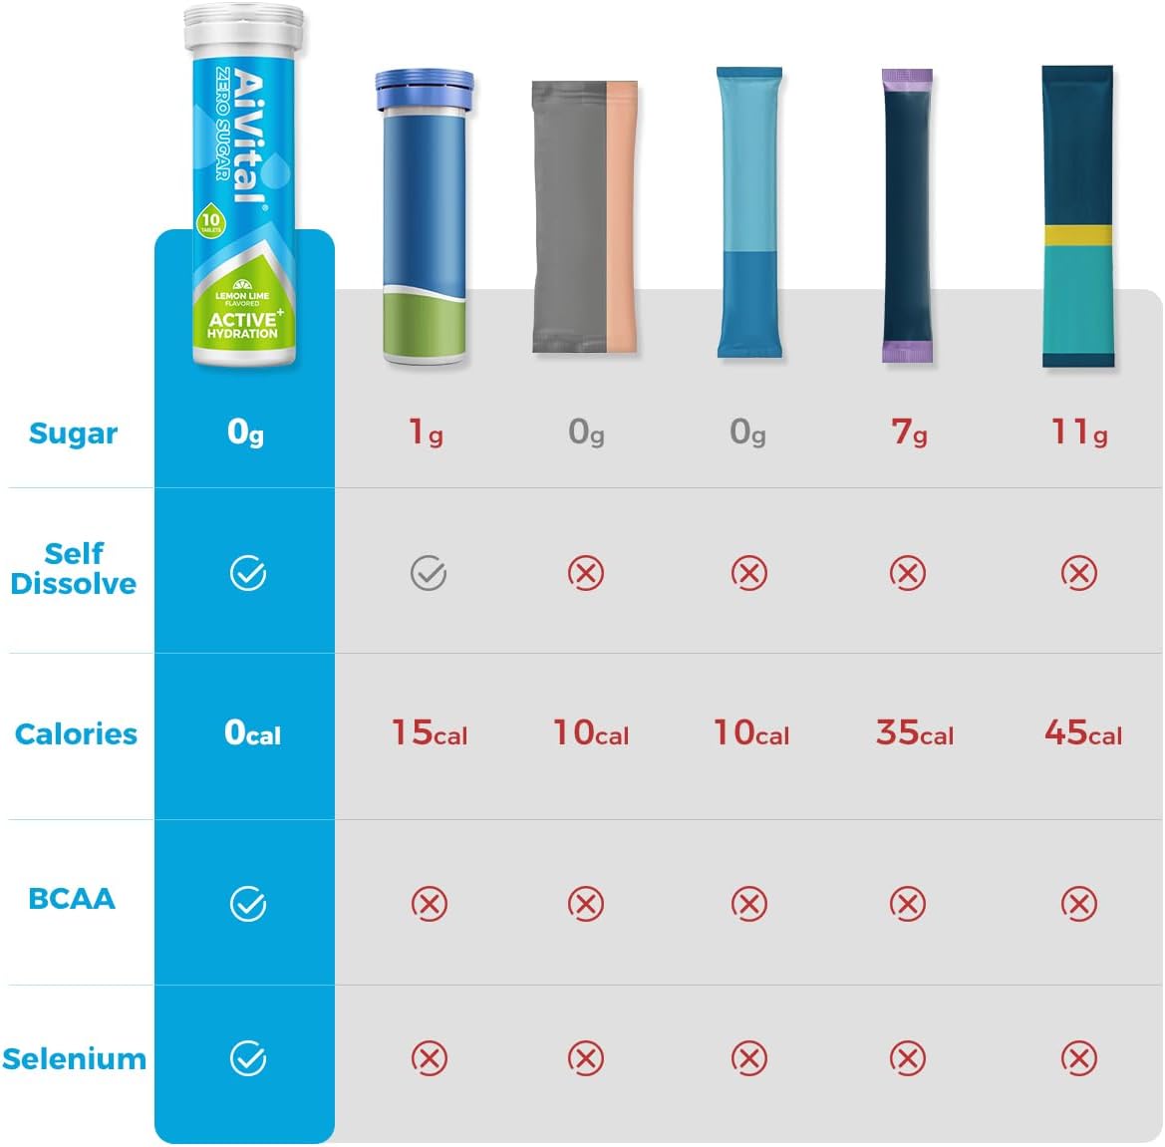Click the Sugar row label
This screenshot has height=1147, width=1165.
click(x=73, y=433)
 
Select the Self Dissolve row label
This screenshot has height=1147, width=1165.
click(x=73, y=568)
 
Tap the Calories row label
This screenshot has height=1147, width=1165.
click(x=76, y=734)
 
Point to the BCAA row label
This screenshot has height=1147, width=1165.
click(x=72, y=899)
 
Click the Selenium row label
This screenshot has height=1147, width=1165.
click(x=74, y=1059)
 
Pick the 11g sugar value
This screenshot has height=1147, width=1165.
click(x=1078, y=431)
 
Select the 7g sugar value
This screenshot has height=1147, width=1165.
click(x=908, y=431)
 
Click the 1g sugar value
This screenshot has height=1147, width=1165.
click(x=427, y=431)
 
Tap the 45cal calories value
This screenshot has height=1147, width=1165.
click(x=1082, y=733)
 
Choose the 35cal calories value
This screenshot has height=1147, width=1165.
click(x=914, y=733)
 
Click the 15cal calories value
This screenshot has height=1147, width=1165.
click(x=429, y=733)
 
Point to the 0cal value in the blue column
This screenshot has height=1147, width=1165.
click(x=252, y=733)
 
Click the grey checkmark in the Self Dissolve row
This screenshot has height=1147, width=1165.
click(x=429, y=573)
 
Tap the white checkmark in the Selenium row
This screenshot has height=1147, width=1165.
click(x=248, y=1058)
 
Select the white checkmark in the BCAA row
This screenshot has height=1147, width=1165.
click(x=248, y=904)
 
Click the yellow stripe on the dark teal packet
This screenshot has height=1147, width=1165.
click(x=1077, y=235)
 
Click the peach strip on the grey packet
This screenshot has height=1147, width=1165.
click(x=622, y=214)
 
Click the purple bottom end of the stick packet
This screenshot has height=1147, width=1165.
click(x=906, y=351)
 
